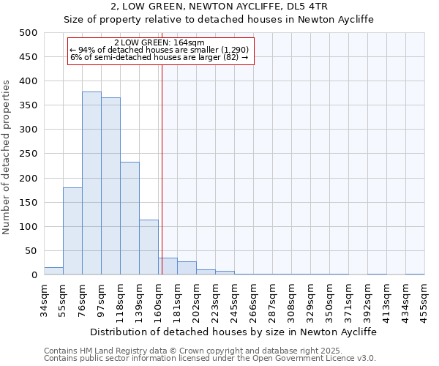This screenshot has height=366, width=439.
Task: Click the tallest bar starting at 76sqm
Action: (91, 183)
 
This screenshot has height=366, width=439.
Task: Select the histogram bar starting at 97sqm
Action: (110, 186)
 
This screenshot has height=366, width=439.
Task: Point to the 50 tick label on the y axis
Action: (31, 251)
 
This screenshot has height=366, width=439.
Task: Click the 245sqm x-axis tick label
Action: (234, 299)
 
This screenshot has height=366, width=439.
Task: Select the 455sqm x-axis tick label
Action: (424, 299)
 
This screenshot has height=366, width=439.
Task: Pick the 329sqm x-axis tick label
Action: (310, 299)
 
